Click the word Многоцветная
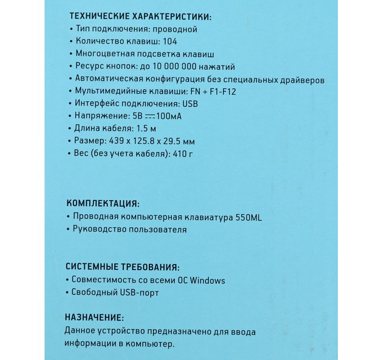click(x=102, y=54)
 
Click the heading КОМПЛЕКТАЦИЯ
click(x=103, y=204)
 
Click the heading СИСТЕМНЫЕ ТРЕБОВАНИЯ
click(x=122, y=268)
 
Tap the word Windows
click(x=207, y=280)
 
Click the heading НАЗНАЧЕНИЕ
click(x=94, y=318)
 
